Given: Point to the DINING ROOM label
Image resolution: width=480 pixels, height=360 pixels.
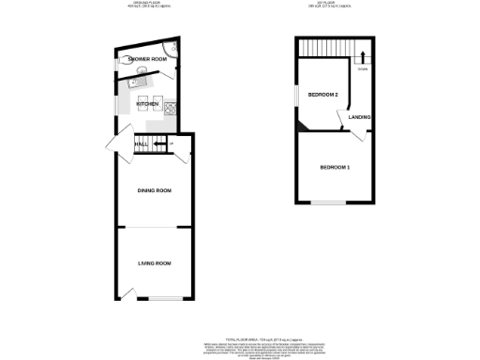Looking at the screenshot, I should pyautogui.click(x=155, y=190).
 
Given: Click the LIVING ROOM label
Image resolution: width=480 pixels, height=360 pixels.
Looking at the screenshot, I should pyautogui.click(x=155, y=263).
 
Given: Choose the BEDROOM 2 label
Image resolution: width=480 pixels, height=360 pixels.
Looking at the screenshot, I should pyautogui.click(x=322, y=96).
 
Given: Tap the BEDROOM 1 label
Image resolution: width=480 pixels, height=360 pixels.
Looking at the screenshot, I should pyautogui.click(x=335, y=167).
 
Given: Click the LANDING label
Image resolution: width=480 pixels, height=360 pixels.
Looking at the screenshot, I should pyautogui.click(x=360, y=117).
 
